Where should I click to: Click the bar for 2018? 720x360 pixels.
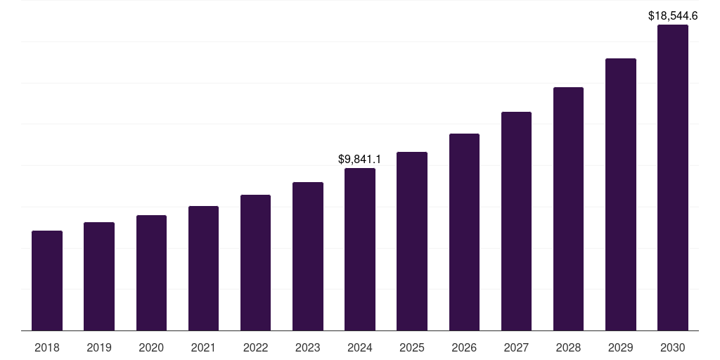(x=47, y=281)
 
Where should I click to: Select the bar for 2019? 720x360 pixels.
(x=99, y=276)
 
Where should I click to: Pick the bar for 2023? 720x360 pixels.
(x=308, y=256)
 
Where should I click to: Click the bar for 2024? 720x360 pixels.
(x=360, y=249)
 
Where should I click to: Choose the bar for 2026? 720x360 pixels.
(x=464, y=232)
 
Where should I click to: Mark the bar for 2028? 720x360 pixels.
(x=568, y=209)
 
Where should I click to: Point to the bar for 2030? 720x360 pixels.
(x=673, y=178)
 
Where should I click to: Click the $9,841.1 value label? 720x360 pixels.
(x=360, y=160)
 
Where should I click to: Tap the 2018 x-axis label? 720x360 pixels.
(x=47, y=347)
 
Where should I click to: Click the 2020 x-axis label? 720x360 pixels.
(x=151, y=347)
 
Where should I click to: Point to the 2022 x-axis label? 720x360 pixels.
(x=255, y=347)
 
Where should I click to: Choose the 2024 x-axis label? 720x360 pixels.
(x=360, y=347)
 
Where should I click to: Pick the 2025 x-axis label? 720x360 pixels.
(x=412, y=347)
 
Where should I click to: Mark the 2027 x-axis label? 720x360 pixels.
(x=516, y=347)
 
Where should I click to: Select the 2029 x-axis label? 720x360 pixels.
(x=620, y=347)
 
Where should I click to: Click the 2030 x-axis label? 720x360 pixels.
(x=673, y=347)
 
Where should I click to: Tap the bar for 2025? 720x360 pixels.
(x=412, y=241)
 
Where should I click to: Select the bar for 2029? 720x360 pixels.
(x=620, y=194)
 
